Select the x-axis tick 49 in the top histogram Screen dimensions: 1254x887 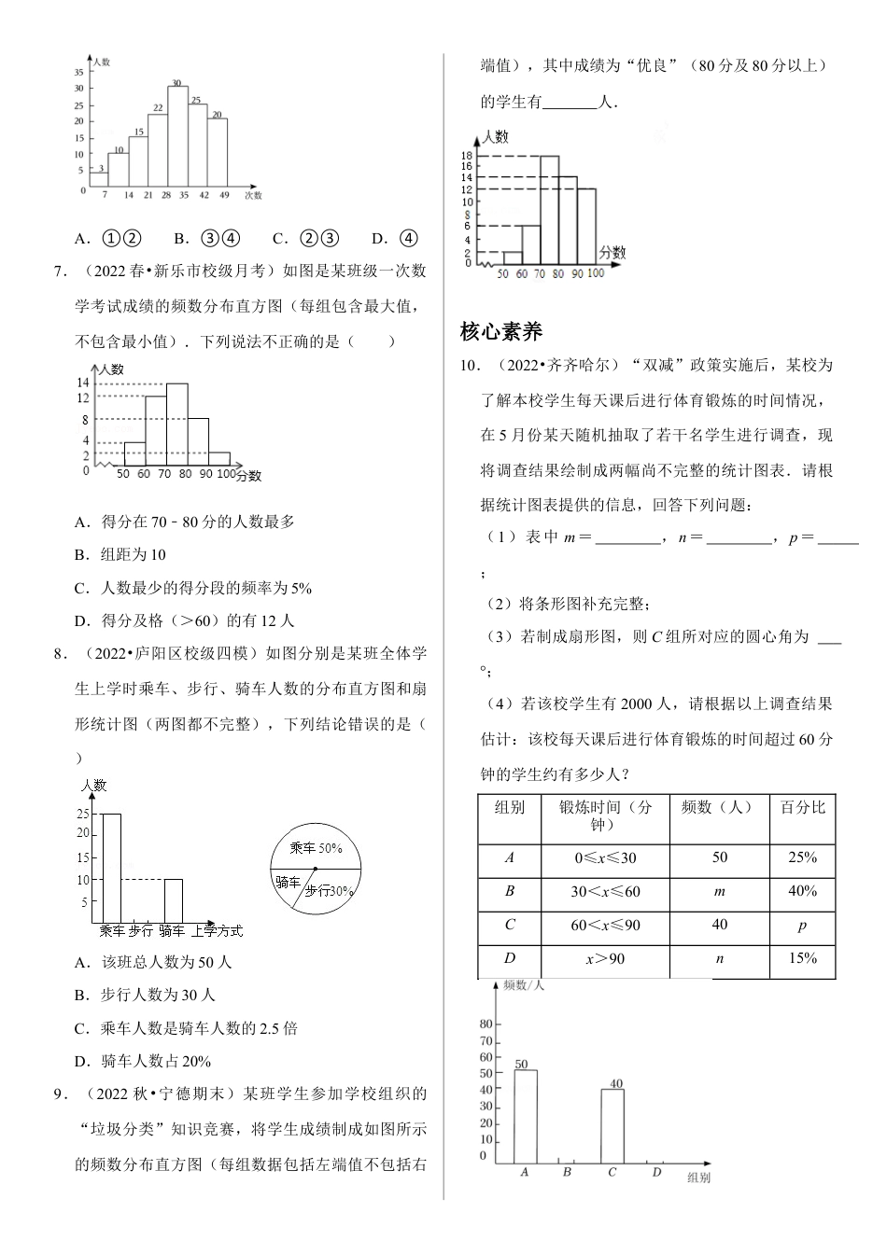coord(224,195)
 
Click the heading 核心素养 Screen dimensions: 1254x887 coord(501,331)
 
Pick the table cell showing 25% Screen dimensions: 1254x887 coord(802,857)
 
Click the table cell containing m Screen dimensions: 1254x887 coord(719,891)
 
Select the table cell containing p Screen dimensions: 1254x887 coord(802,925)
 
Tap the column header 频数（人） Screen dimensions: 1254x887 coord(719,808)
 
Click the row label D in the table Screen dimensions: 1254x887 coord(510,958)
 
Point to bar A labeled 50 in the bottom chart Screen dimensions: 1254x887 coord(526,1116)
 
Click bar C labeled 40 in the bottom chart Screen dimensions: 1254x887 coord(612,1125)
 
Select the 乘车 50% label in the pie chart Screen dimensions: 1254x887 coord(317,848)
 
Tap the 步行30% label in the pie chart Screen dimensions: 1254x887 coord(329,891)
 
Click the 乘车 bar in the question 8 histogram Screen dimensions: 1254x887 coord(111,868)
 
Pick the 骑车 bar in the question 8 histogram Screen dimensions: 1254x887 coord(174,900)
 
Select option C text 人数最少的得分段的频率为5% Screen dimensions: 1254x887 coord(205,588)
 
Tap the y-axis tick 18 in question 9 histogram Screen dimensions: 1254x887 coord(467,155)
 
